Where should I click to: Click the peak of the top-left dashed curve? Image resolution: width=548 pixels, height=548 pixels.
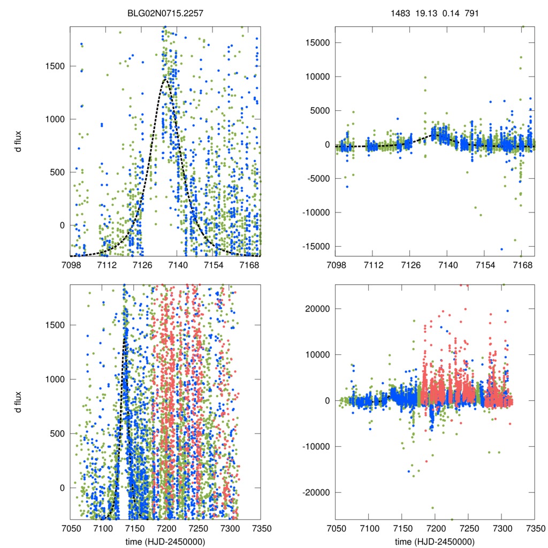[166, 80]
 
